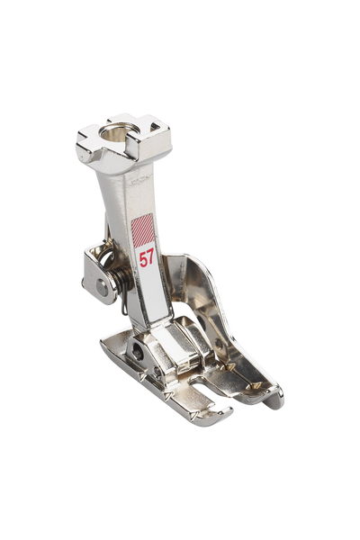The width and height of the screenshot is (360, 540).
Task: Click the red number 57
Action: [147, 258]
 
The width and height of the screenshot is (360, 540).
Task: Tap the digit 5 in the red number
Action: [142, 259]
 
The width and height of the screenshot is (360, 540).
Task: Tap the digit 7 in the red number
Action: [150, 258]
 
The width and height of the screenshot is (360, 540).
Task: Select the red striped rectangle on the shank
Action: [142, 230]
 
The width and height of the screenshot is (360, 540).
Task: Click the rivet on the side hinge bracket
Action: [101, 287]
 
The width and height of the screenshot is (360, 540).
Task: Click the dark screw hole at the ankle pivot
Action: [138, 354]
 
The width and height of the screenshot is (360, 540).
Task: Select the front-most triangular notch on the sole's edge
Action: [194, 415]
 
